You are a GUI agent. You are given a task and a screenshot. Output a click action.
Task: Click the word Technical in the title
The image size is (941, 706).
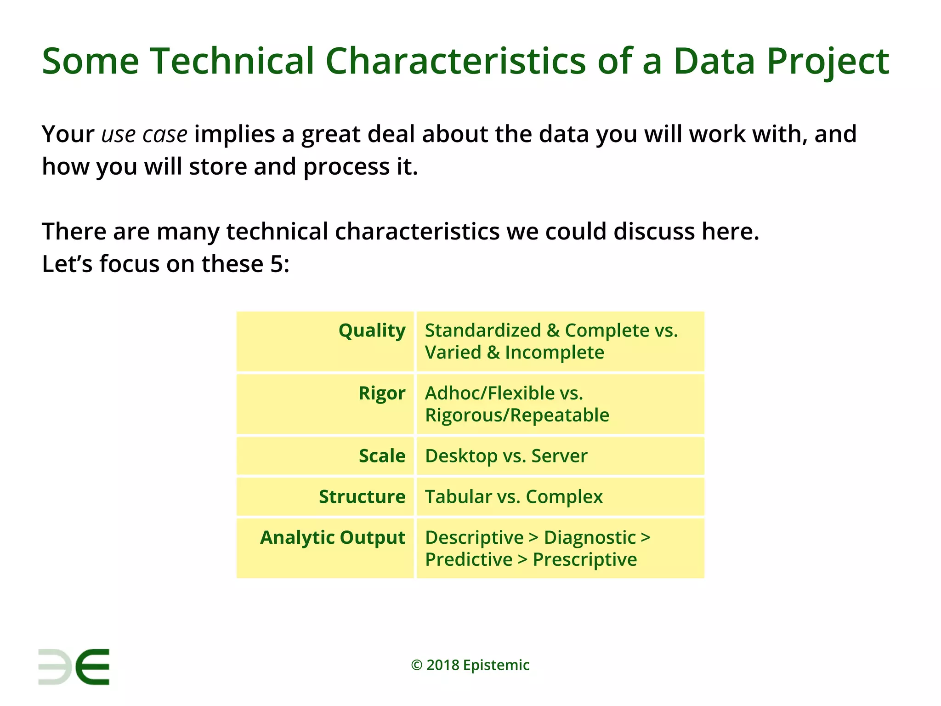[232, 61]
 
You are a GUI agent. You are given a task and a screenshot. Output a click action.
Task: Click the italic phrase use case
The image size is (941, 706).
[144, 134]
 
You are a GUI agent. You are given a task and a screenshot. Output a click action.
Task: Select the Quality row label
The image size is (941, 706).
[372, 330]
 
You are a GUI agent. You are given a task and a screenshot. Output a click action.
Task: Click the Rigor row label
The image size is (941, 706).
[382, 393]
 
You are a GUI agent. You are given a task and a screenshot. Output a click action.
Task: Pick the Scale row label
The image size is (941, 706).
[382, 456]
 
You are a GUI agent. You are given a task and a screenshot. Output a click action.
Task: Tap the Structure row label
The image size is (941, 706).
[362, 497]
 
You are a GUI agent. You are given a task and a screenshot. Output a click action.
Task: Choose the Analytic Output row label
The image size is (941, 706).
[333, 538]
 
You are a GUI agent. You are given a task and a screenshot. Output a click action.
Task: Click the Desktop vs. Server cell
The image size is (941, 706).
[506, 456]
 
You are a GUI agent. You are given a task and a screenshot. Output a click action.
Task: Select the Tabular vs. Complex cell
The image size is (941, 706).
[513, 497]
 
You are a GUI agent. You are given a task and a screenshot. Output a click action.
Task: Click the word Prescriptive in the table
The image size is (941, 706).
[584, 560]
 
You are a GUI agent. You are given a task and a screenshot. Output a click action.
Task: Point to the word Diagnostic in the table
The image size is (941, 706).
[590, 538]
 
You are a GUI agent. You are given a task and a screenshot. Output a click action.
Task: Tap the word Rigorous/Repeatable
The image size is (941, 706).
[517, 416]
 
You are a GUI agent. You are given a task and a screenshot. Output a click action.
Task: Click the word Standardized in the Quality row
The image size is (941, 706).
[482, 330]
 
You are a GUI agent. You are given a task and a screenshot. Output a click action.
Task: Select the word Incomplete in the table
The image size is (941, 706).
[554, 353]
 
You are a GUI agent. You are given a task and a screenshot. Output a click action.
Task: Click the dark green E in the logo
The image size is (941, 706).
[92, 667]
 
